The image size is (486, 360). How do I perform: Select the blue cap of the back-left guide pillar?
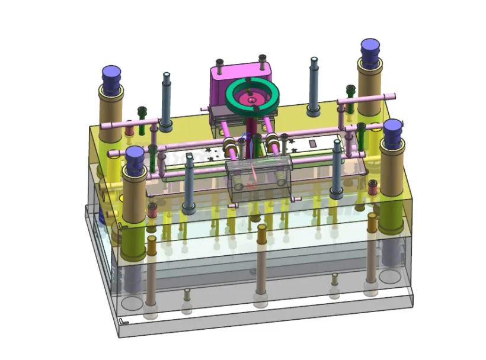(x=111, y=76)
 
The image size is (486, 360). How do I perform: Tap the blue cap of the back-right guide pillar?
(x=371, y=50)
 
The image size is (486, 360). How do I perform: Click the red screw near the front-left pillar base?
(x=152, y=209)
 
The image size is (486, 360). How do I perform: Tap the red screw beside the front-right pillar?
(x=373, y=187)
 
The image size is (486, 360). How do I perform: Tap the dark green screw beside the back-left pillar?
(x=142, y=112)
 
